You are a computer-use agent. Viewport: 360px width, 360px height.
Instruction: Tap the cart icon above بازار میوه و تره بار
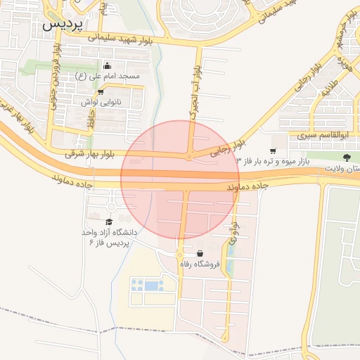(272, 150)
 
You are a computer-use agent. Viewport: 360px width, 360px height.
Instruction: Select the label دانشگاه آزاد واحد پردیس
(112, 237)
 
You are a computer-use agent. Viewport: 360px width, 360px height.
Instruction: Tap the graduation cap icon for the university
(108, 221)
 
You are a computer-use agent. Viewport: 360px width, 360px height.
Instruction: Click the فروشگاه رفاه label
(201, 264)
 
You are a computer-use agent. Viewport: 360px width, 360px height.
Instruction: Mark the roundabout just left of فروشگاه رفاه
(180, 255)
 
